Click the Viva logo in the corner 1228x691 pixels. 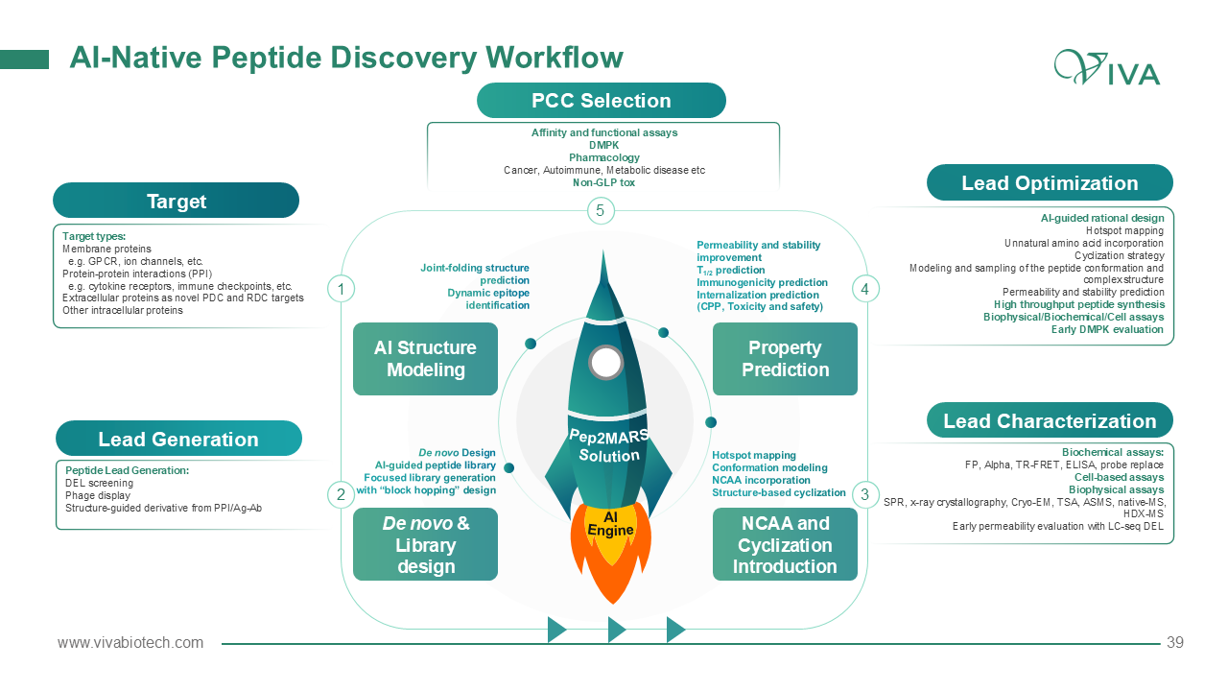(1106, 68)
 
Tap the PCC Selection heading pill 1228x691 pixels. (602, 101)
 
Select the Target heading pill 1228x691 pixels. (176, 201)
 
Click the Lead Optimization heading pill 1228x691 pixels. (1050, 182)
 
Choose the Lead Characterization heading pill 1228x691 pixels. (1050, 420)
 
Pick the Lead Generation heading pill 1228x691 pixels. (178, 439)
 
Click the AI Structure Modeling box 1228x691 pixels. (425, 359)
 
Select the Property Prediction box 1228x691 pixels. (785, 359)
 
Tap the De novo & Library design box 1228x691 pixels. (425, 544)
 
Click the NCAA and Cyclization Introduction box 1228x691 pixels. (785, 544)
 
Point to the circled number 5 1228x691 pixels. (600, 211)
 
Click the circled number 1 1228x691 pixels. (341, 288)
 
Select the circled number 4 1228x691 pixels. (865, 288)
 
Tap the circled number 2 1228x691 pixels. (341, 495)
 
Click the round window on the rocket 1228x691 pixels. (605, 362)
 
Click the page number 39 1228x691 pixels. (1175, 643)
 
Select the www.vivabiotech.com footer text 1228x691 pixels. (130, 643)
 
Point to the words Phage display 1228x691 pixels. (97, 495)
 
